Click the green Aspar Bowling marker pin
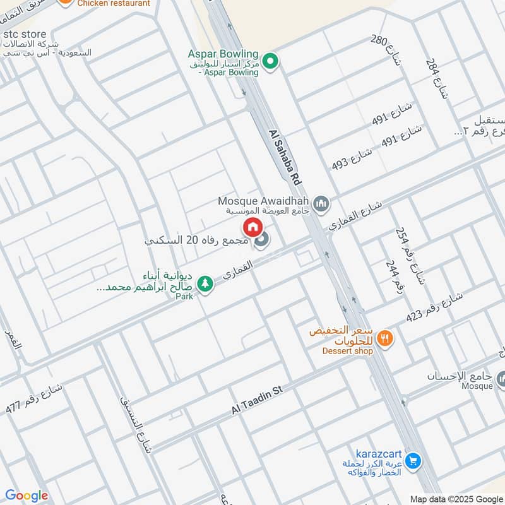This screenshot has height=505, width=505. pos(271,61)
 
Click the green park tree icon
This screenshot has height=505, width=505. pos(205,284)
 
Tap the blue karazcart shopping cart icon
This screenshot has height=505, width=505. pos(413,461)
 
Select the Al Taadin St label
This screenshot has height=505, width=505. pos(256,401)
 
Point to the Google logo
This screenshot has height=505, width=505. pos(27,496)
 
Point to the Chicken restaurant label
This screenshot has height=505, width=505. pos(114,3)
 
